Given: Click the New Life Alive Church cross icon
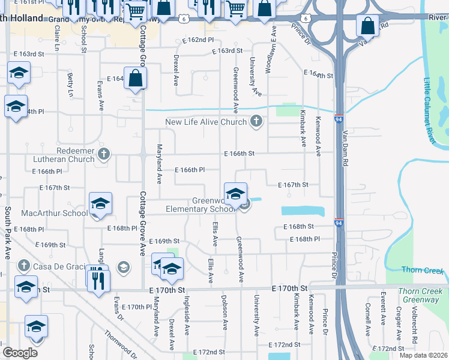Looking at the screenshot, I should (x=256, y=122).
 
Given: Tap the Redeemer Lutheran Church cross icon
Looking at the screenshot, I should (x=104, y=154).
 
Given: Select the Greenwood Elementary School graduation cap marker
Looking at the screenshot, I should (x=236, y=194).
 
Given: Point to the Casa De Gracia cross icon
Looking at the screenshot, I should (x=23, y=266).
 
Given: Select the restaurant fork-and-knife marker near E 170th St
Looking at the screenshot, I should (x=98, y=279).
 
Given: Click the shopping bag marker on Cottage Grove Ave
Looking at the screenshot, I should (x=136, y=78).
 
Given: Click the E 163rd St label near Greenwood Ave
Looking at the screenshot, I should (x=227, y=52).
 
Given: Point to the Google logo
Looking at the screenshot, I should (x=20, y=353).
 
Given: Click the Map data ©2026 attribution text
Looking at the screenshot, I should (x=423, y=355).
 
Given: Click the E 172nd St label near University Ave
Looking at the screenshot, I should (x=284, y=345).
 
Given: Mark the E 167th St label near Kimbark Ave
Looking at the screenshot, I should (x=292, y=185).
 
